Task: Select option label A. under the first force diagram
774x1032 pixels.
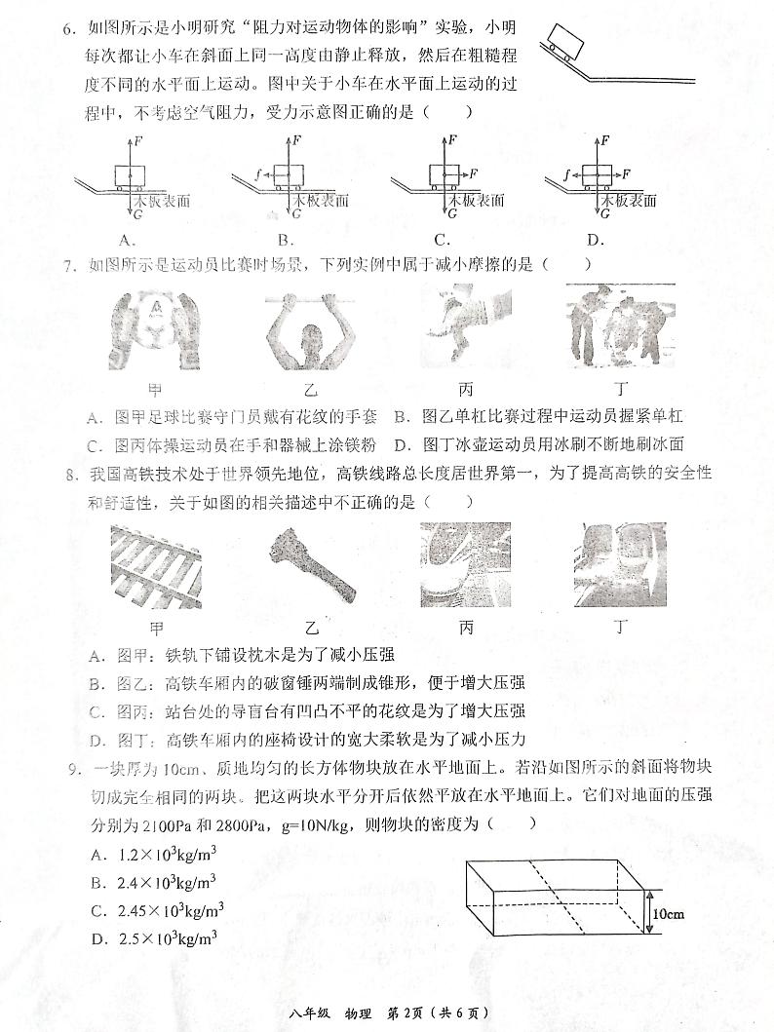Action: tap(125, 240)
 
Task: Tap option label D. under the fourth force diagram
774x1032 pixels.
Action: tap(596, 240)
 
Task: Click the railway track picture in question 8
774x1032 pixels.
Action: tap(154, 565)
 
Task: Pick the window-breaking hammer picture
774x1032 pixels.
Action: tap(307, 565)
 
